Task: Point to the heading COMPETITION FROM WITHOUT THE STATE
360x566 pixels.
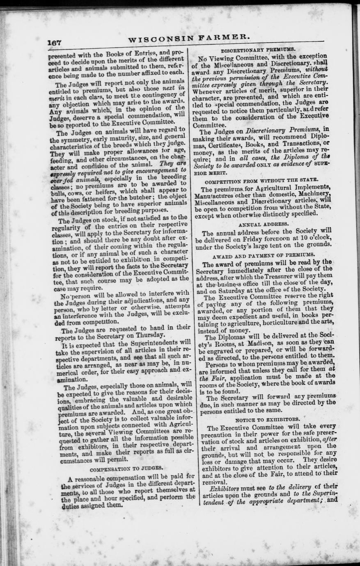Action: point(261,180)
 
